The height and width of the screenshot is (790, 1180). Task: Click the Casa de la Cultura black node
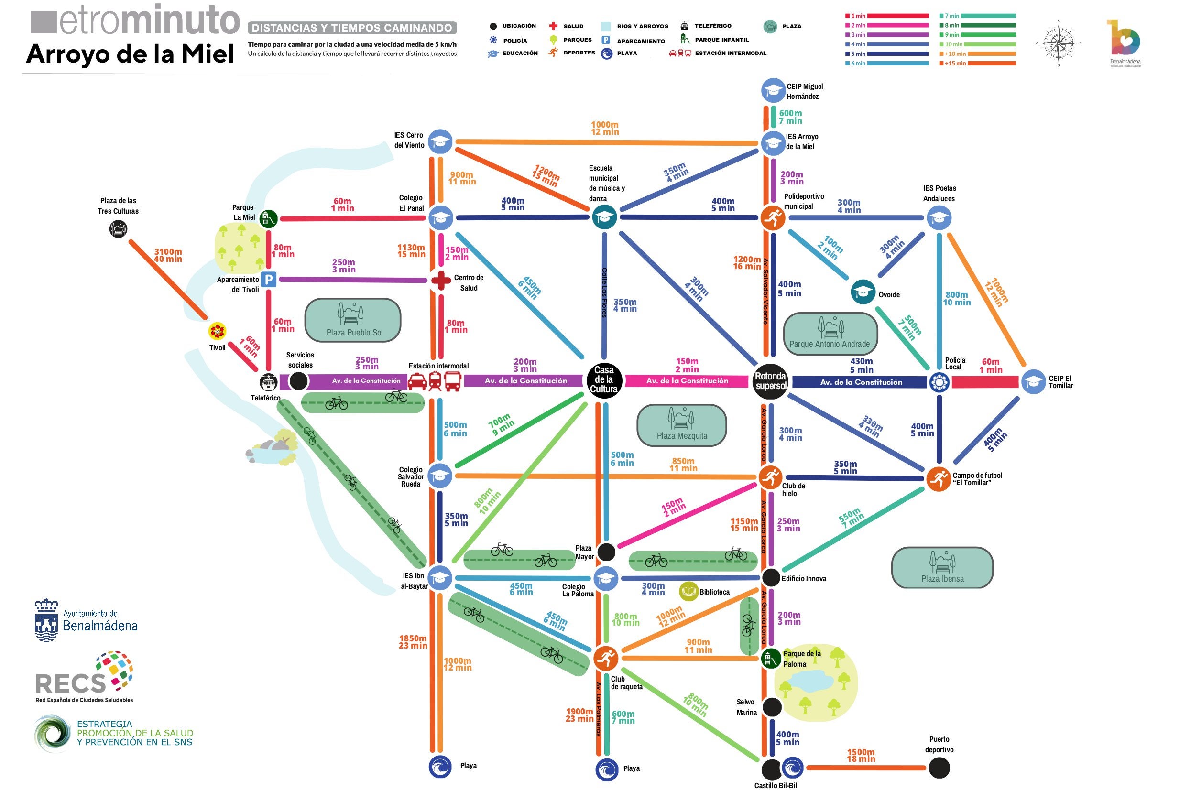point(604,380)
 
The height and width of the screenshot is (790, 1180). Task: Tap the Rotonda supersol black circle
point(770,381)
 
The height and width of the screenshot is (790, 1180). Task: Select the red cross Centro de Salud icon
point(441,281)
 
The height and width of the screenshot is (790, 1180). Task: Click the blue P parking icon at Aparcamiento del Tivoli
point(269,280)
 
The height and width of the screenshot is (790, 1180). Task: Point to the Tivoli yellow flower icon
point(217,331)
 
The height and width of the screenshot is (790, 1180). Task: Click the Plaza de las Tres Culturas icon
point(119,229)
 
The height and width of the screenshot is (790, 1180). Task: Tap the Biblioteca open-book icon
point(688,592)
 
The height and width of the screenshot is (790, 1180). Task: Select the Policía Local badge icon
point(939,382)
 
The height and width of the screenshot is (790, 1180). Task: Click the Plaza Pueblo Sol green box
point(353,320)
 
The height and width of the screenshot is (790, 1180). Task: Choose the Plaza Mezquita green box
point(681,425)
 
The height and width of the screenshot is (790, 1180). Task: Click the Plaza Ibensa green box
point(942,568)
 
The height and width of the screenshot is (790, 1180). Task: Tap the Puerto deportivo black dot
point(939,768)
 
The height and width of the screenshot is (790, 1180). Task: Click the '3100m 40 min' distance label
point(168,255)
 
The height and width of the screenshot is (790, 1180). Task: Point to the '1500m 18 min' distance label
point(861,755)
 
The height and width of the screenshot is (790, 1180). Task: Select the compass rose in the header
point(1058,43)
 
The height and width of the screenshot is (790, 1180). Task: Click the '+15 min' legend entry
point(955,64)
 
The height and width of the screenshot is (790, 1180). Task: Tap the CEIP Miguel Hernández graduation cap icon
point(773,91)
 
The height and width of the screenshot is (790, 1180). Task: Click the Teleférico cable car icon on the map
point(268,382)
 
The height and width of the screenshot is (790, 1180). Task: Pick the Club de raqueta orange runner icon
point(605,658)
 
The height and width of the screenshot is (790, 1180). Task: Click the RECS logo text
point(71,684)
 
